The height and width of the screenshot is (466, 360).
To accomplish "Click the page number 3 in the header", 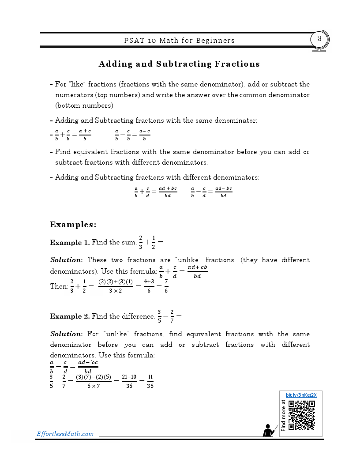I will pos(319,39).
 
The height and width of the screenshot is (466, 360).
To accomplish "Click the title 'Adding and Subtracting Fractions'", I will pos(179,64).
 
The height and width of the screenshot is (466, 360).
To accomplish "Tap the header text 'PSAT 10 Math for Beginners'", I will pos(179,41).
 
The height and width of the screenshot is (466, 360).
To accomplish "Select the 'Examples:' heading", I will pos(73,225).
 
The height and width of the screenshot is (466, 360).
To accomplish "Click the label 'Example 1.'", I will pos(70,242).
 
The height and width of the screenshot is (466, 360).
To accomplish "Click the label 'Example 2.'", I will pos(70,316).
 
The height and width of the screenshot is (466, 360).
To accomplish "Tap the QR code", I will pos(302,415).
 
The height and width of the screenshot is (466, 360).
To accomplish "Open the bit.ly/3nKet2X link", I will pos(301,395).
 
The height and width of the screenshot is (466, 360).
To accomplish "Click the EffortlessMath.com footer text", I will pos(65,434).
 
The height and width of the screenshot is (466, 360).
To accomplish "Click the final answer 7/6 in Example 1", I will pos(166,286).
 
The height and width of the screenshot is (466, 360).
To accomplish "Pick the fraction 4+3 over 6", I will pos(149,286).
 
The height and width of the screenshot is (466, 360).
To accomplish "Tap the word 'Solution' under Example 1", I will pos(66,260).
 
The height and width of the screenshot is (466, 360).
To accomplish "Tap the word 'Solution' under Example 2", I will pos(66,334).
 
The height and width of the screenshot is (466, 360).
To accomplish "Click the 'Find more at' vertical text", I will pos(283,415).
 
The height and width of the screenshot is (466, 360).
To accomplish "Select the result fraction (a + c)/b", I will pos(85,135).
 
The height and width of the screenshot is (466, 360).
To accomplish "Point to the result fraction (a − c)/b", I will pos(145,135).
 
